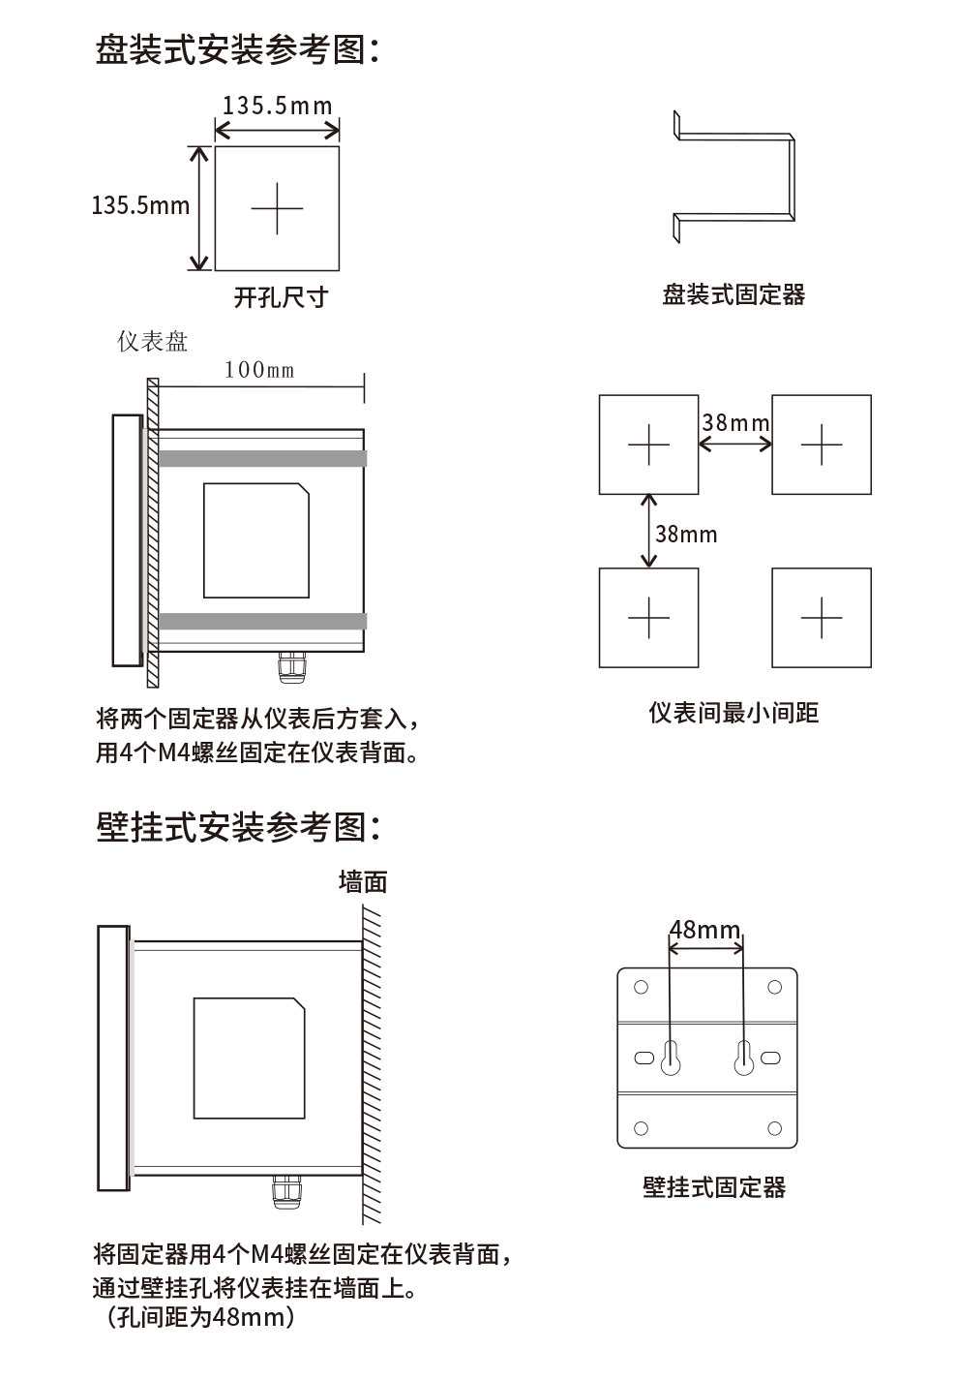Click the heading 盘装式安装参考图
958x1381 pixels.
[x=236, y=49]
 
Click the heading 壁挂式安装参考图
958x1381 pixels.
[x=238, y=827]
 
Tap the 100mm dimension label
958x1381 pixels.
[x=259, y=369]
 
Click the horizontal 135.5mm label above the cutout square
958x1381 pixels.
[x=277, y=106]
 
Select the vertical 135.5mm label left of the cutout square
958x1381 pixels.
[x=140, y=205]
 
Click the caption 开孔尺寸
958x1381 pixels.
[x=281, y=297]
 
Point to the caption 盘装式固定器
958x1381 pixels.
[x=733, y=294]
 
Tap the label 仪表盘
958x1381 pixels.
[x=152, y=342]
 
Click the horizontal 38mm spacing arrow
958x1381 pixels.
[x=735, y=445]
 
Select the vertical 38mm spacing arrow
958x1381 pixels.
[x=649, y=531]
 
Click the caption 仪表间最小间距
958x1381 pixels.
[x=733, y=714]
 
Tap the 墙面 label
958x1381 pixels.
[x=363, y=881]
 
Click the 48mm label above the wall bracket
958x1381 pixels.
[x=704, y=931]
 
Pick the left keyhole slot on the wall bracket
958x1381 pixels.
[x=670, y=1059]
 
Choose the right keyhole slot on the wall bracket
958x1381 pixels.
[x=743, y=1059]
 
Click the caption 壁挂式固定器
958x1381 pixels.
[x=714, y=1187]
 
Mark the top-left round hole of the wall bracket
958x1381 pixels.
[x=641, y=987]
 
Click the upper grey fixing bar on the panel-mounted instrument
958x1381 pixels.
[x=262, y=458]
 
